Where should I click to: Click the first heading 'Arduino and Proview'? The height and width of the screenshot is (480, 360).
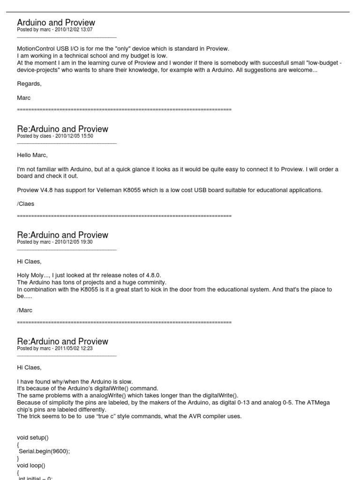[56, 22]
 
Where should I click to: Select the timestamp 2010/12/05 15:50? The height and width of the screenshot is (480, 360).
[74, 136]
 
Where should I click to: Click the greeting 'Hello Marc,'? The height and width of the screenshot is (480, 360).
[32, 155]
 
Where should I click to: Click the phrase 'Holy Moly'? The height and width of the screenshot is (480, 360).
[30, 275]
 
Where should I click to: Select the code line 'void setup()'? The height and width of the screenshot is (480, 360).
[33, 437]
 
